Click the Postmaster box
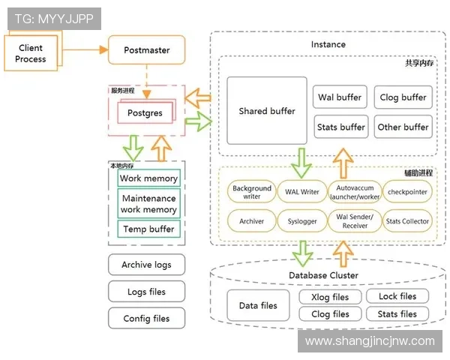coord(146,51)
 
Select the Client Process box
coord(31,53)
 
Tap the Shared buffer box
coord(267,111)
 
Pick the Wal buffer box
coord(340,97)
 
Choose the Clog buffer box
coord(403,97)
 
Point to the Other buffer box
coord(403,127)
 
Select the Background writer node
coord(252,192)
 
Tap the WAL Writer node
coord(302,192)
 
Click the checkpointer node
coord(407,192)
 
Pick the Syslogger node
coord(302,221)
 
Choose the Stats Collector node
coord(407,221)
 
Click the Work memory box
coord(148,178)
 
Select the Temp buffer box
coord(148,229)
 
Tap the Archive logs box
coord(146,265)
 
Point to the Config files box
coord(146,319)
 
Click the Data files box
coord(258,306)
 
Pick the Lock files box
coord(397,296)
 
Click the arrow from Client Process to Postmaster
coord(82,50)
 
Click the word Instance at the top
coord(328,44)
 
